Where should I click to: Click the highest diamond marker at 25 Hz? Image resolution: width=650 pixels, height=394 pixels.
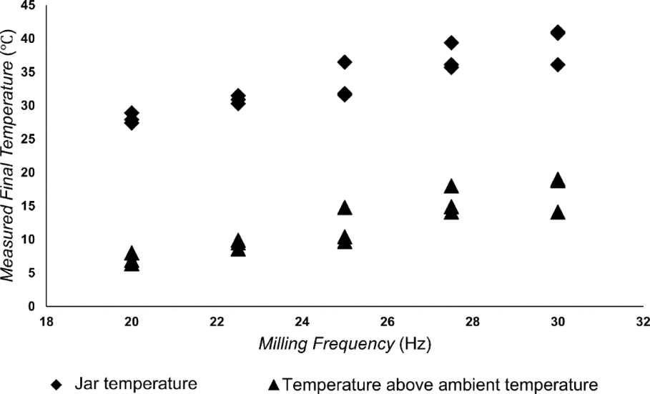pos(345,62)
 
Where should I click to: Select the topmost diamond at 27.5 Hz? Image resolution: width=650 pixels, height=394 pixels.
pos(451,43)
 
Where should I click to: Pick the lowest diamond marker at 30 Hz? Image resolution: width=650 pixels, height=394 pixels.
pos(558,65)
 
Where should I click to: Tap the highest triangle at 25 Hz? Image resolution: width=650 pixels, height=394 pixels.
pos(345,208)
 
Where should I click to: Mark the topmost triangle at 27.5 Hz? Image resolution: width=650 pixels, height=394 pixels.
pos(451,187)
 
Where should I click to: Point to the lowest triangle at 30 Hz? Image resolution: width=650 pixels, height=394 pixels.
pos(558,212)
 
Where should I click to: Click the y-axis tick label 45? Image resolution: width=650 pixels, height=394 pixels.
pos(29,6)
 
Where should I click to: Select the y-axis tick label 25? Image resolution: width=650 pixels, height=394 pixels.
pos(29,139)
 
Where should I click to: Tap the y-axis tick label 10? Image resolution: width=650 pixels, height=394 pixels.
pos(29,240)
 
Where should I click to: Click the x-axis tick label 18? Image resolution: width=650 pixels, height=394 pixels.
pos(46,321)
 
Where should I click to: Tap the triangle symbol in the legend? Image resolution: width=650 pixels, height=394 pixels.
pos(274,385)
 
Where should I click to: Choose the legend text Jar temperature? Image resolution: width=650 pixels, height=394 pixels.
pos(136,384)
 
